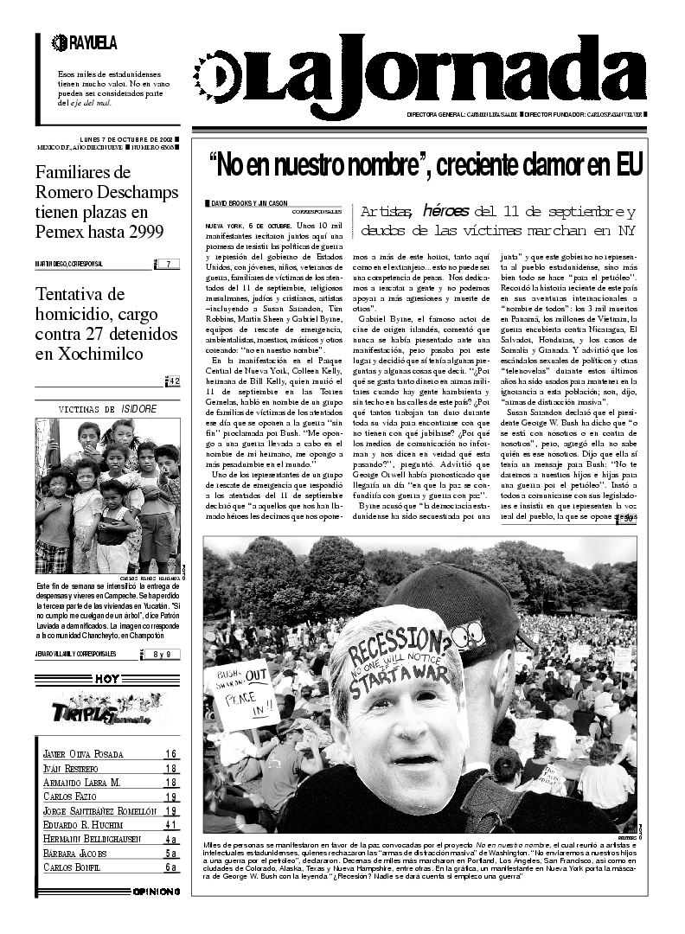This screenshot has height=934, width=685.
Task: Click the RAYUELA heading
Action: click(x=86, y=42)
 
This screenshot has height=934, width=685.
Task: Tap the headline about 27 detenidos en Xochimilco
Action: click(x=107, y=323)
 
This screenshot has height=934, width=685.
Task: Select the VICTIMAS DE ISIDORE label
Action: click(x=107, y=409)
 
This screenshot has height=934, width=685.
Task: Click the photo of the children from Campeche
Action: click(x=107, y=496)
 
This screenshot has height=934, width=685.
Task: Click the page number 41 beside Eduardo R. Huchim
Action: click(x=171, y=825)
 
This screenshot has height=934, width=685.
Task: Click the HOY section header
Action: click(x=107, y=679)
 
